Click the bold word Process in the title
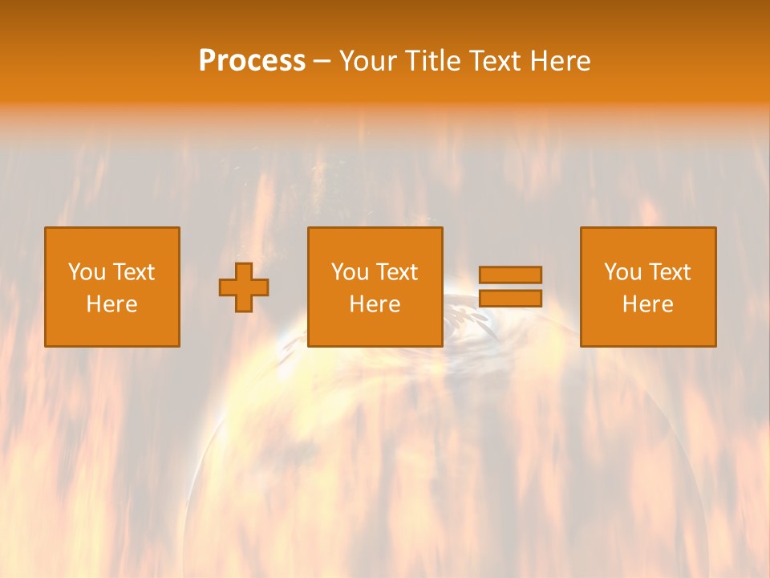click(252, 61)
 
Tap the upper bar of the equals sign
click(510, 275)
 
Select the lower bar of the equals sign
click(510, 298)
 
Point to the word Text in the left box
click(133, 272)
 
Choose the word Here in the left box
click(111, 304)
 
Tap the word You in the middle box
click(350, 272)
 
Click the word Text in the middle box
click(396, 272)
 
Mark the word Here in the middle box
click(375, 304)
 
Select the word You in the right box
click(622, 272)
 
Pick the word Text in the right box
click(669, 272)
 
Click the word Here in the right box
click(647, 304)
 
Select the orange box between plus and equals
click(375, 329)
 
